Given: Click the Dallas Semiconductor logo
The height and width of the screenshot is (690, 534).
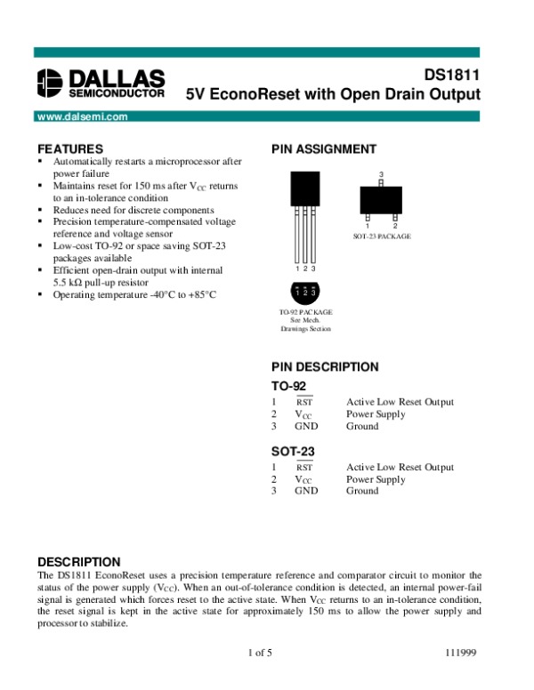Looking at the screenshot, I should pos(101,83).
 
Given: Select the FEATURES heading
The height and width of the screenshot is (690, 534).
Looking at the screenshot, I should pos(70,148).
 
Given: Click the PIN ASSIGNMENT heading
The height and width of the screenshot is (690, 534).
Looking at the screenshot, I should pos(323,148).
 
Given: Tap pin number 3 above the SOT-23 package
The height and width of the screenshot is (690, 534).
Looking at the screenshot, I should pos(381,173).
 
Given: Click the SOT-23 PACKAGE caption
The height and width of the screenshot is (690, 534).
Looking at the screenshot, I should pos(382,237).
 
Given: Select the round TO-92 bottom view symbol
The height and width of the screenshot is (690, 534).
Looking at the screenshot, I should pos(305,292).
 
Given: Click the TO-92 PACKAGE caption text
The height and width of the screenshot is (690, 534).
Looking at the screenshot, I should pos(305,314).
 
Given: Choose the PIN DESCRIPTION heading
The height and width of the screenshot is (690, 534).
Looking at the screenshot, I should pos(325,366).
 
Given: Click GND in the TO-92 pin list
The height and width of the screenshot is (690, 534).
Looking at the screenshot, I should pos(306,426).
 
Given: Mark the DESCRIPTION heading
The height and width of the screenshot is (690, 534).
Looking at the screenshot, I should pos(77,562).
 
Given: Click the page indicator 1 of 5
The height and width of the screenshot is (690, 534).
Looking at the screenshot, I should pos(260,654).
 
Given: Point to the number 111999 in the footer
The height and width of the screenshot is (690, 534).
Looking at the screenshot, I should pos(462,654).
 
